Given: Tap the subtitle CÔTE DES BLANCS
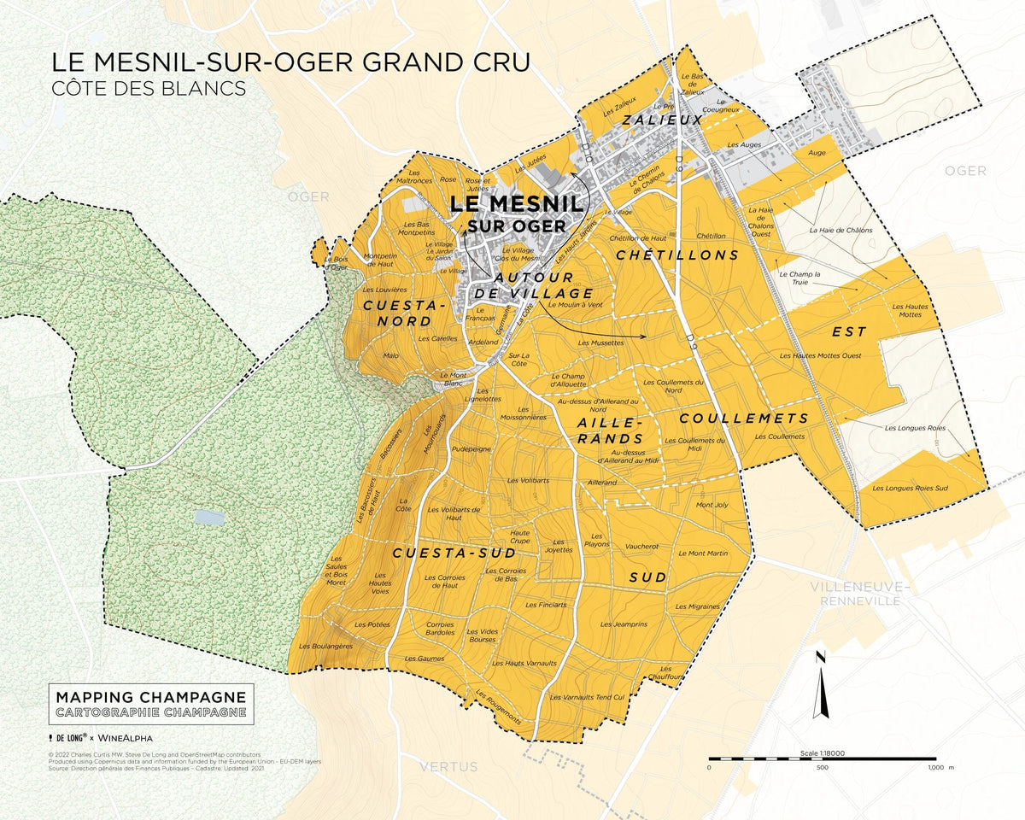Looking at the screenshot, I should coord(149,88).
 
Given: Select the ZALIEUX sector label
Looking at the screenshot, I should coord(662,120).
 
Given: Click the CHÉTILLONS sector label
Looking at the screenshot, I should coord(677,255).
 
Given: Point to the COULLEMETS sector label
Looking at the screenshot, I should coord(744,418).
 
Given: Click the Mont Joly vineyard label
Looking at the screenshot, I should coord(712,505).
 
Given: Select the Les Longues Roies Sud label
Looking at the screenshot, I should coord(910,489).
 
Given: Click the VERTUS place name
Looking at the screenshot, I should coord(448,767).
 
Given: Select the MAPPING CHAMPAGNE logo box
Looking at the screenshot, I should coord(151,704).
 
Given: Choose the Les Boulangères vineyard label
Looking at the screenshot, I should coord(325,647).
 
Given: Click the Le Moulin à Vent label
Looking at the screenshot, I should coord(575,305).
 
